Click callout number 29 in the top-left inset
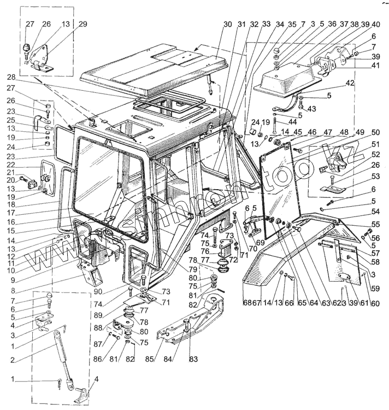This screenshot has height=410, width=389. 82,24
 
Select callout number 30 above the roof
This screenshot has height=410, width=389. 228,25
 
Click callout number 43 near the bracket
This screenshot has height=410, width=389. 312,109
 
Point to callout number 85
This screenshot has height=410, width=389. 156,359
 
